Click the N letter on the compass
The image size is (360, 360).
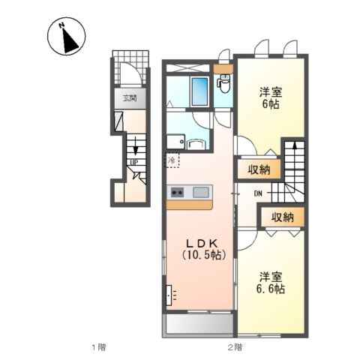click(61, 25)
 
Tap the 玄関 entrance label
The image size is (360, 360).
click(130, 98)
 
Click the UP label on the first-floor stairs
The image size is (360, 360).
click(133, 162)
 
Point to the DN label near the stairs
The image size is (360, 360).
click(258, 193)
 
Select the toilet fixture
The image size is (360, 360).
click(225, 83)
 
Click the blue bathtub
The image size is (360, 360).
click(199, 91)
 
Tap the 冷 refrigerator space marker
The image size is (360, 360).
click(172, 160)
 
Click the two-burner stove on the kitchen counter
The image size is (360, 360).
click(177, 192)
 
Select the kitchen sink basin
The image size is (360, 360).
click(201, 192)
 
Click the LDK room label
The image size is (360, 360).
click(202, 243)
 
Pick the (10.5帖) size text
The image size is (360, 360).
click(204, 255)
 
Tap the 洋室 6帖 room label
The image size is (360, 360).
click(271, 98)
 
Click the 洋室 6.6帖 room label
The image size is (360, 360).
click(271, 283)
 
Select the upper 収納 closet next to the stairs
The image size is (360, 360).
click(259, 170)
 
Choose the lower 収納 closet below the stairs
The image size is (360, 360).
click(283, 217)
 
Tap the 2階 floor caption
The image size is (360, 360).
click(235, 347)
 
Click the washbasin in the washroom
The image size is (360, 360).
click(196, 145)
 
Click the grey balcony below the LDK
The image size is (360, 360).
click(198, 324)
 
